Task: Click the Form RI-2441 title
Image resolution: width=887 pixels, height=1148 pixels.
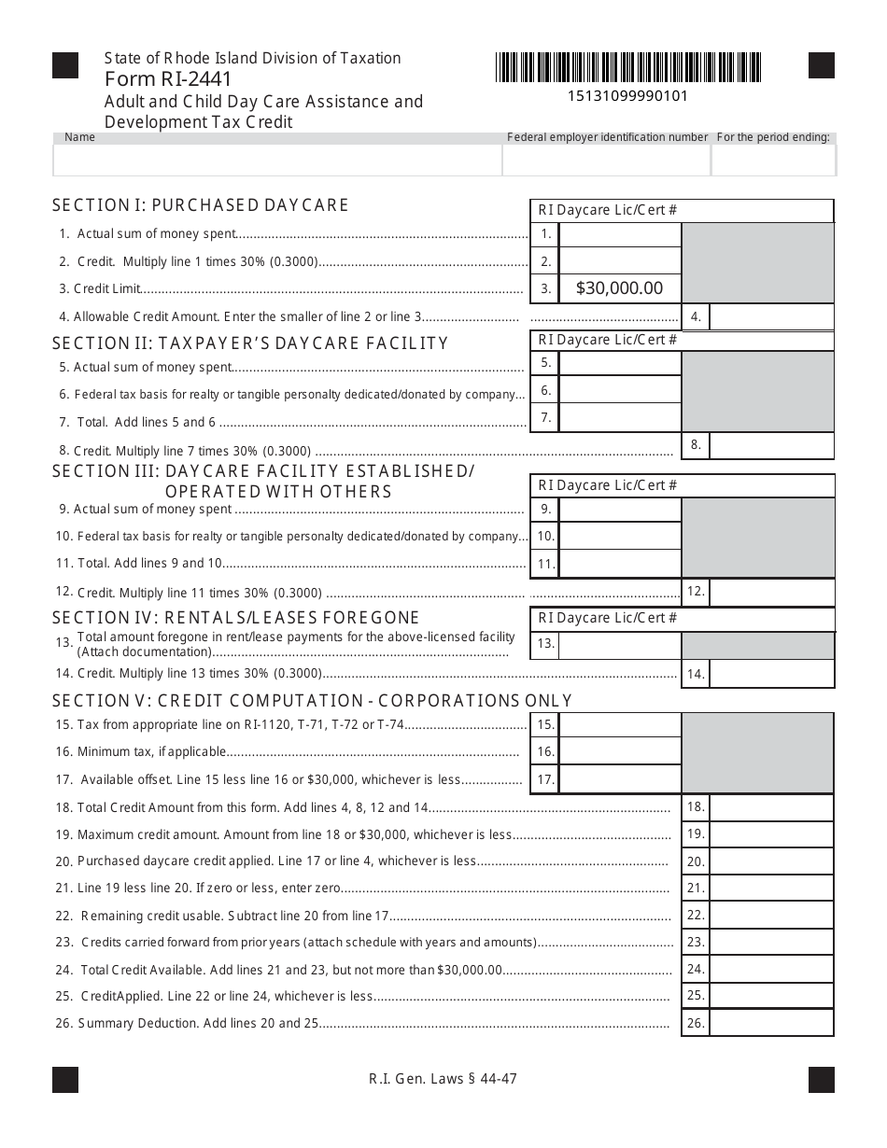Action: click(x=169, y=79)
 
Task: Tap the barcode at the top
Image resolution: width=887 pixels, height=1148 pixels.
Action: click(x=628, y=67)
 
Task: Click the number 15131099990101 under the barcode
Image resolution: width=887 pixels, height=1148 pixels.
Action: click(x=628, y=95)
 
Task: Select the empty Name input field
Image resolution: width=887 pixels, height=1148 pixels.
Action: click(x=277, y=161)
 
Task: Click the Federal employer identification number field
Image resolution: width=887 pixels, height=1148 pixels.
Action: click(x=606, y=161)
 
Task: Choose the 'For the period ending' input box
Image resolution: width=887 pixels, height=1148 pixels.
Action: click(x=773, y=161)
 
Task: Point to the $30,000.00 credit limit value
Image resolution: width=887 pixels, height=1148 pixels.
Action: click(x=620, y=288)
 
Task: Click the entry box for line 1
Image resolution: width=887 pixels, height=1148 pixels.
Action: click(x=620, y=234)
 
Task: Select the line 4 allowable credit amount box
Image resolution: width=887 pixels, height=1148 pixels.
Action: click(x=771, y=316)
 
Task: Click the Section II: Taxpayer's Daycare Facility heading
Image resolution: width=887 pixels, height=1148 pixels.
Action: click(x=250, y=343)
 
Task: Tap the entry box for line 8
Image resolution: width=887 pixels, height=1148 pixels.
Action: click(x=771, y=445)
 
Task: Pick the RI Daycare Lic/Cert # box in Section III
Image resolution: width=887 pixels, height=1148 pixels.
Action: click(x=682, y=485)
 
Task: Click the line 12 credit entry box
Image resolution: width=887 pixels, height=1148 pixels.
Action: click(x=771, y=592)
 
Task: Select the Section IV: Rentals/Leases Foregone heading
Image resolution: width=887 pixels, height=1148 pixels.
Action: click(x=236, y=618)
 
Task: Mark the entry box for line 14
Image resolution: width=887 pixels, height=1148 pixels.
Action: click(x=771, y=674)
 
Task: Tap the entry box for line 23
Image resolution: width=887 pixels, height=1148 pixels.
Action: click(x=771, y=942)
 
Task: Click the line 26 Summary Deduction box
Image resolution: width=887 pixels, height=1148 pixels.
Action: click(x=771, y=1023)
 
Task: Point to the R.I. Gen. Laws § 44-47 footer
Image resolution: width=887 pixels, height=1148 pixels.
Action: click(x=443, y=1079)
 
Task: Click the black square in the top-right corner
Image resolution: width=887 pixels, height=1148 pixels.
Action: click(x=821, y=65)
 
